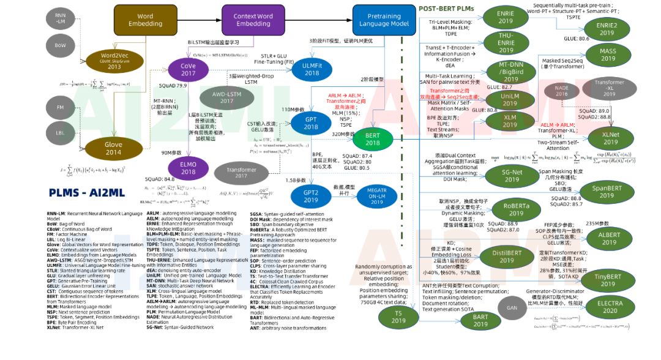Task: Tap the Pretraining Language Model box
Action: pos(383,20)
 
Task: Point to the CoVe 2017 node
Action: pos(188,69)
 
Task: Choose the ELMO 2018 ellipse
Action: pos(188,167)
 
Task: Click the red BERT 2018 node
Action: pos(373,139)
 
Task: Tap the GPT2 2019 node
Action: pos(311,195)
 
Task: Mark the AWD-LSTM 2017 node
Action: pos(227,97)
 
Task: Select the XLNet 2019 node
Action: pos(607,137)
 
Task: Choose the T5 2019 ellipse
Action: pos(398,317)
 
